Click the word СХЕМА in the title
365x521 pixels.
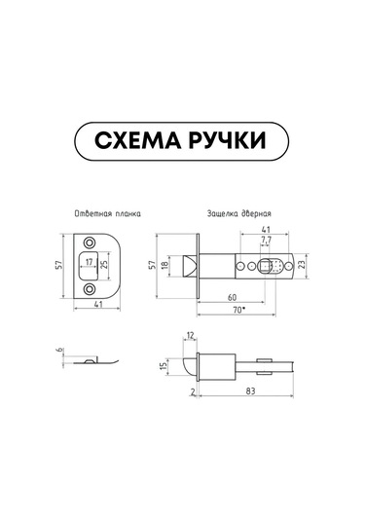[137, 140]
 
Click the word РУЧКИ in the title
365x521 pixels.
[228, 140]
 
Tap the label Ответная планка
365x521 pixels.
[108, 213]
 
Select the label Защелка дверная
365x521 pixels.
[239, 213]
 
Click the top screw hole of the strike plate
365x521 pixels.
[89, 242]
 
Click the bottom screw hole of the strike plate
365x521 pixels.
[89, 289]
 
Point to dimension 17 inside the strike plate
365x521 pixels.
[89, 262]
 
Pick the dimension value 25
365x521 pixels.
[104, 266]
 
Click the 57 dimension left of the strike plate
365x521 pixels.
[58, 265]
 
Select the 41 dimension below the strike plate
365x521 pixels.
[98, 304]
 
